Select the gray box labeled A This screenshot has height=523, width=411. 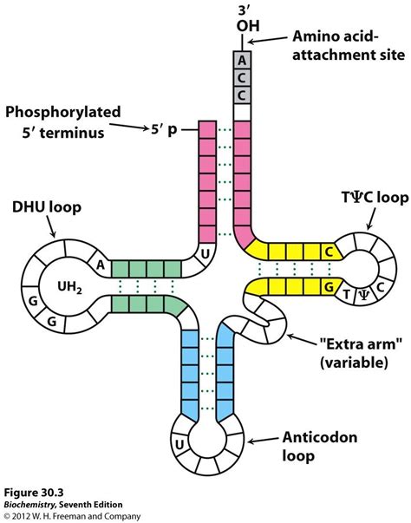pos(242,59)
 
